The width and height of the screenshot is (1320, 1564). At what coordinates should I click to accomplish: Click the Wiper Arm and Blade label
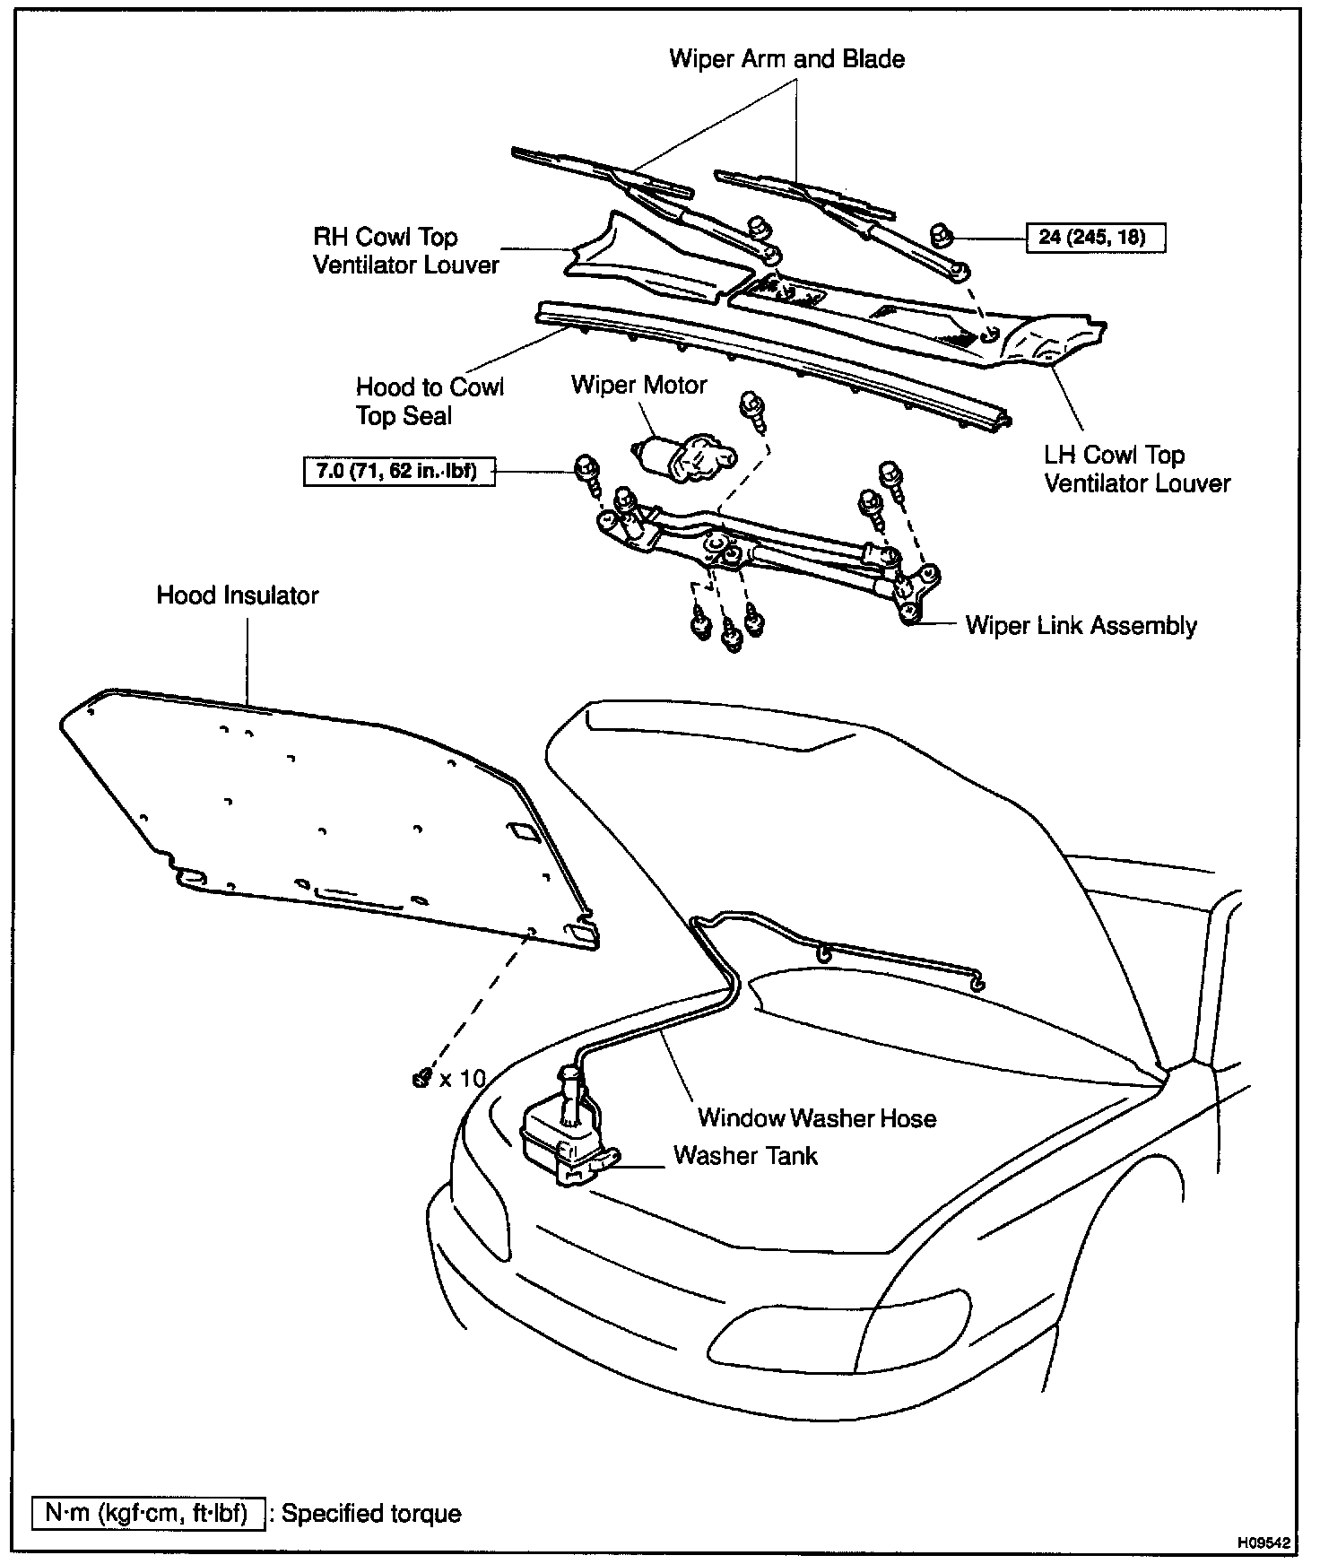[x=786, y=59]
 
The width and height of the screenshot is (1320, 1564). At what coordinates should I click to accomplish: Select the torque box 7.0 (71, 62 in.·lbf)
[x=399, y=470]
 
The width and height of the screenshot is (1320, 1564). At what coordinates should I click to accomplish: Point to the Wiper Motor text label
[x=638, y=385]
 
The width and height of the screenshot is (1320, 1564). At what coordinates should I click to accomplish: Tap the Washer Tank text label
[x=745, y=1155]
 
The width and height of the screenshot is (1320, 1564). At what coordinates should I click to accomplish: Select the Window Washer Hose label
[x=817, y=1118]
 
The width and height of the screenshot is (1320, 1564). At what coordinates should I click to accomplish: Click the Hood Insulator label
[x=238, y=595]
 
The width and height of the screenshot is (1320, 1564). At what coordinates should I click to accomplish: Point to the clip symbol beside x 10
[x=420, y=1079]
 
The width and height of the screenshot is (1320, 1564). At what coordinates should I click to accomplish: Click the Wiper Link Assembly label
[x=1081, y=625]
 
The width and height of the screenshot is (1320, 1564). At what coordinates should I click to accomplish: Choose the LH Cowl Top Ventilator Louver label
[x=1136, y=469]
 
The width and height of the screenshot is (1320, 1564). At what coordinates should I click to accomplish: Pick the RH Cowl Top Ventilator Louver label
[x=405, y=251]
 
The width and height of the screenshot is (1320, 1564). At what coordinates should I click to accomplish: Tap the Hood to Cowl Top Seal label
[x=430, y=401]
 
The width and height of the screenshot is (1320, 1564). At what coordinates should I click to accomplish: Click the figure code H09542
[x=1264, y=1543]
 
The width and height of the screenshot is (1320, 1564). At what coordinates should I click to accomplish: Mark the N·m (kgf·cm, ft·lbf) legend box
[x=148, y=1513]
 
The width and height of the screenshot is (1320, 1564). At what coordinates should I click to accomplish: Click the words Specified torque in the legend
[x=371, y=1513]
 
